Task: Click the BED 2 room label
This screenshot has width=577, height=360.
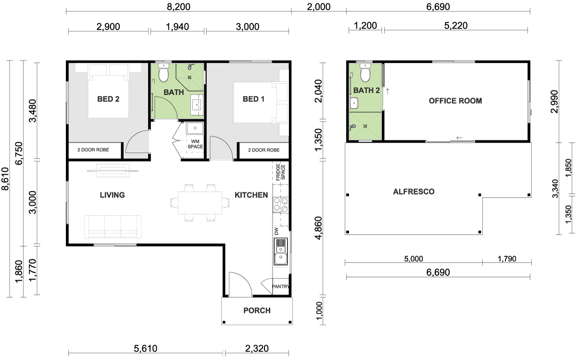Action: tap(108, 99)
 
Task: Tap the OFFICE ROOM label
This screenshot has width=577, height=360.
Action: tap(455, 100)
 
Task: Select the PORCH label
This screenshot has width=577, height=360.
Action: tap(257, 310)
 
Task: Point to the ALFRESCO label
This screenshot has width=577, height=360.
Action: tap(414, 192)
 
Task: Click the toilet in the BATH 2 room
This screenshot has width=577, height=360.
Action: tap(365, 73)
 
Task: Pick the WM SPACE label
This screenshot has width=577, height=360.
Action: tap(195, 144)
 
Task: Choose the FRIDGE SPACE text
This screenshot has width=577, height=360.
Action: tap(280, 172)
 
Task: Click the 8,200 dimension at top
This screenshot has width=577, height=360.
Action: tap(178, 7)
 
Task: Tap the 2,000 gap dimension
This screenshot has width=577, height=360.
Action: tap(319, 7)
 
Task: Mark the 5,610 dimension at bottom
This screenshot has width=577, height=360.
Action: tap(146, 348)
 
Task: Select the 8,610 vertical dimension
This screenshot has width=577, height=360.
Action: tap(5, 179)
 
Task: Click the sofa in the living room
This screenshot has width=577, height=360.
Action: tap(113, 227)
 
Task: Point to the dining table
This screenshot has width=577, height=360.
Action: tap(200, 203)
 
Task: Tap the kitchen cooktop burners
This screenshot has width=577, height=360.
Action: tap(281, 205)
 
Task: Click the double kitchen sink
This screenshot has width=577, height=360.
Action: tap(281, 251)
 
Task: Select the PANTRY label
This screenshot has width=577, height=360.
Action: tap(280, 286)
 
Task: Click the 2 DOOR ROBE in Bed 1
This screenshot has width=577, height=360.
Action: tap(264, 150)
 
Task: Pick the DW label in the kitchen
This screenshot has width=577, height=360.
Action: tap(276, 231)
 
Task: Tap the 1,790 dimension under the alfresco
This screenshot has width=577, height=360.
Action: tap(507, 259)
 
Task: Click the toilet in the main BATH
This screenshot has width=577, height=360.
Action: tap(163, 73)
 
